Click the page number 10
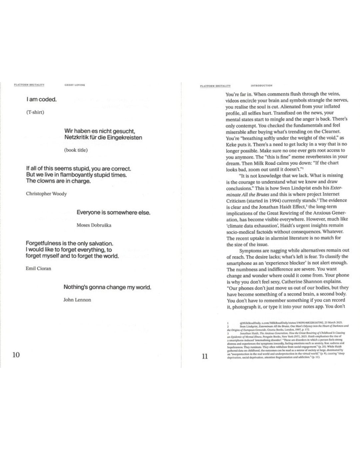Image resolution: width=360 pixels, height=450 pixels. point(16,355)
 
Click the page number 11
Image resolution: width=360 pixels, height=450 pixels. point(205,356)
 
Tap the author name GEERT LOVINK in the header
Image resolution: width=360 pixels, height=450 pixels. point(75,85)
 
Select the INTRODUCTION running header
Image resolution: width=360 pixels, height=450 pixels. point(261,86)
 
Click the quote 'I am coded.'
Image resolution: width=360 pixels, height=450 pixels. point(42,99)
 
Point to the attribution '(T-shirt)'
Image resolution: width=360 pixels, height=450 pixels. point(35,112)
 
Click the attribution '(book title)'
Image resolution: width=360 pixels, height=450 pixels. point(76,150)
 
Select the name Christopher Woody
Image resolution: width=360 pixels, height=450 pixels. point(46,194)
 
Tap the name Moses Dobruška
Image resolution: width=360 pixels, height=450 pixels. point(94,225)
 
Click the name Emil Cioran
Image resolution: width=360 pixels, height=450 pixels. point(38,268)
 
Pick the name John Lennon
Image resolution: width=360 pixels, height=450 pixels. point(77,300)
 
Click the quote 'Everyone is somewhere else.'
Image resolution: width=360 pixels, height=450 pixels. point(113,212)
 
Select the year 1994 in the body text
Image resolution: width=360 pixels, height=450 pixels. point(277,201)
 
